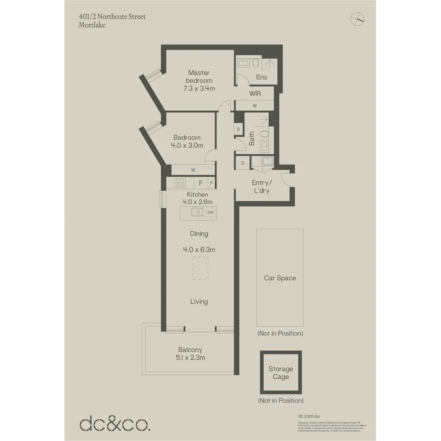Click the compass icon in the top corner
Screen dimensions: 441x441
pyautogui.click(x=357, y=18)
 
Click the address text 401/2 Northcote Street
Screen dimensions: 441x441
pyautogui.click(x=112, y=17)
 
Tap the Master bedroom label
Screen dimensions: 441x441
pyautogui.click(x=199, y=76)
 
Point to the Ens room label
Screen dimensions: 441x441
pyautogui.click(x=261, y=77)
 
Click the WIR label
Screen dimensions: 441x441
pyautogui.click(x=255, y=94)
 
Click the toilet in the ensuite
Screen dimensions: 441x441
pyautogui.click(x=256, y=63)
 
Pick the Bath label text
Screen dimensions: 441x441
pyautogui.click(x=252, y=138)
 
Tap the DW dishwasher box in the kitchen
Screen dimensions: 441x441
pyautogui.click(x=211, y=212)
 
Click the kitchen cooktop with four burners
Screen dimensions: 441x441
pyautogui.click(x=180, y=183)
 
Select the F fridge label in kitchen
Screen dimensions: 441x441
pyautogui.click(x=200, y=183)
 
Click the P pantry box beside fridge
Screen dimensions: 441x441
pyautogui.click(x=211, y=183)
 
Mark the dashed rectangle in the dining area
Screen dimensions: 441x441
pyautogui.click(x=200, y=268)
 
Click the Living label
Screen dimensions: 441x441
pyautogui.click(x=199, y=301)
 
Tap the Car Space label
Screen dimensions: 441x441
pyautogui.click(x=280, y=278)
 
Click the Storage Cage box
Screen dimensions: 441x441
pyautogui.click(x=281, y=373)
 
